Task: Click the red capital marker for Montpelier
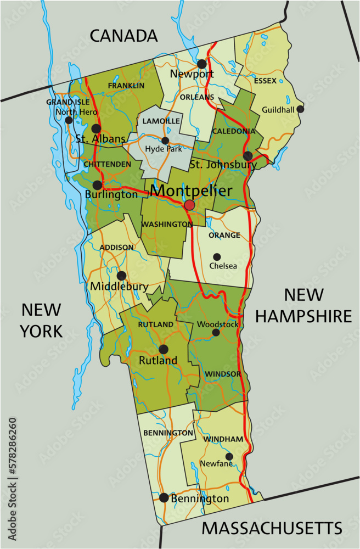[x=189, y=205]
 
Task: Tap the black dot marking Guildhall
[x=300, y=109]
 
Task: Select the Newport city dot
[x=202, y=63]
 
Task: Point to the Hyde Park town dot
[x=165, y=141]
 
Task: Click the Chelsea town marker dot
[x=217, y=256]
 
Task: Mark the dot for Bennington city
[x=164, y=498]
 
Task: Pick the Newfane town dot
[x=229, y=456]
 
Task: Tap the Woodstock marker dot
[x=216, y=332]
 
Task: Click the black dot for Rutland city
[x=163, y=349]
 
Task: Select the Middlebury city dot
[x=121, y=276]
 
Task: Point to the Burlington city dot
[x=97, y=185]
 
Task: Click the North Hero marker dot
[x=69, y=120]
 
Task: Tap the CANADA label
[x=123, y=36]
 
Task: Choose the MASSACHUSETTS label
[x=272, y=529]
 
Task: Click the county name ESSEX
[x=265, y=81]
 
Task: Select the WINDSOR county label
[x=223, y=374]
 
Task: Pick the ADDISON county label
[x=116, y=248]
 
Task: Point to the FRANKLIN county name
[x=126, y=86]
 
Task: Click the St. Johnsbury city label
[x=223, y=165]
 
